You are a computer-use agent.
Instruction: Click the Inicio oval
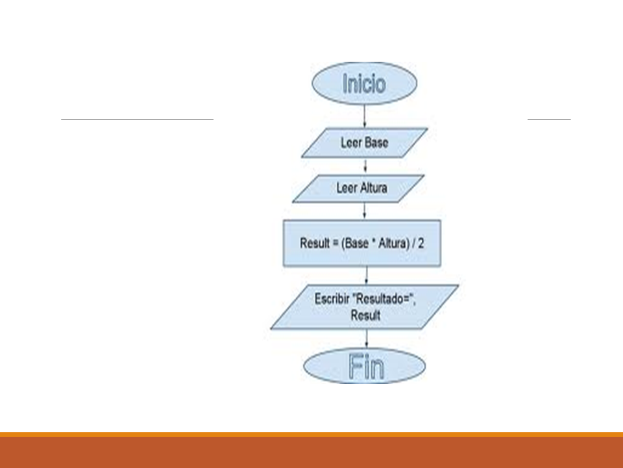[x=364, y=84]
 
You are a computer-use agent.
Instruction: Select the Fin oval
[x=365, y=366]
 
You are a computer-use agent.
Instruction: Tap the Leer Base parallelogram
[x=364, y=142]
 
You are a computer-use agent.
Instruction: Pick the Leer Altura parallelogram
[x=359, y=188]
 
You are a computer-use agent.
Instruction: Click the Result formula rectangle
[x=361, y=244]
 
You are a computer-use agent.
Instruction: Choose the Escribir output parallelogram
[x=364, y=307]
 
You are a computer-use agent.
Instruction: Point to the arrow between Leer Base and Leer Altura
[x=365, y=166]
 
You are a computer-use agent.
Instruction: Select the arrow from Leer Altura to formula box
[x=365, y=211]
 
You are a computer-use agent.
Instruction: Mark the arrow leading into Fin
[x=367, y=338]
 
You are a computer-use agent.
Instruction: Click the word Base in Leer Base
[x=376, y=142]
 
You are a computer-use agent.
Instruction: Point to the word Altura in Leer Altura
[x=373, y=188]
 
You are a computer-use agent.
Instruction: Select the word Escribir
[x=332, y=300]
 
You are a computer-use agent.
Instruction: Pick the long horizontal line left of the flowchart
[x=137, y=120]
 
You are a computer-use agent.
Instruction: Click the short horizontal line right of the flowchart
[x=549, y=120]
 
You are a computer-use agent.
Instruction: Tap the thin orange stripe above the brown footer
[x=311, y=434]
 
